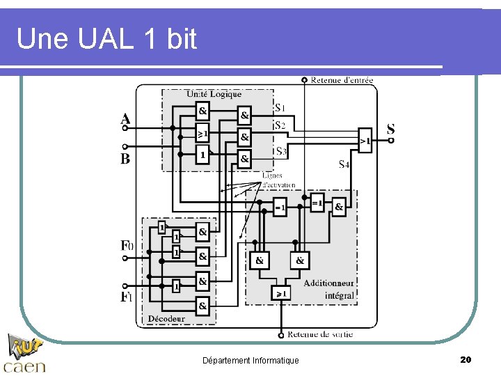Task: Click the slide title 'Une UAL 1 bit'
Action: point(106,39)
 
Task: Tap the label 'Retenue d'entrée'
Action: point(342,80)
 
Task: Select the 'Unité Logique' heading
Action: point(214,94)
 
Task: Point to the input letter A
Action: point(125,118)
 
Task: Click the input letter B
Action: point(125,159)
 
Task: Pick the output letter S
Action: point(390,129)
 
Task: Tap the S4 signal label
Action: point(344,164)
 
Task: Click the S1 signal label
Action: point(280,108)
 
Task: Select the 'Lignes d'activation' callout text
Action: point(279,181)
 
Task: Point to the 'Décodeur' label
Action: point(166,319)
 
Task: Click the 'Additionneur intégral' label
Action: point(329,289)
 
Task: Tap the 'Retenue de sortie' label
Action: point(320,334)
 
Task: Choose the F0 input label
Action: point(127,245)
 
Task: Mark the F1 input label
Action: point(126,297)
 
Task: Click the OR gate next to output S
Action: point(365,139)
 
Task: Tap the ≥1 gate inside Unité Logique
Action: point(202,132)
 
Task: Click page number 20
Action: point(466,359)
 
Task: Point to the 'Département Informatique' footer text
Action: point(250,360)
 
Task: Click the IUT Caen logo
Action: point(25,354)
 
